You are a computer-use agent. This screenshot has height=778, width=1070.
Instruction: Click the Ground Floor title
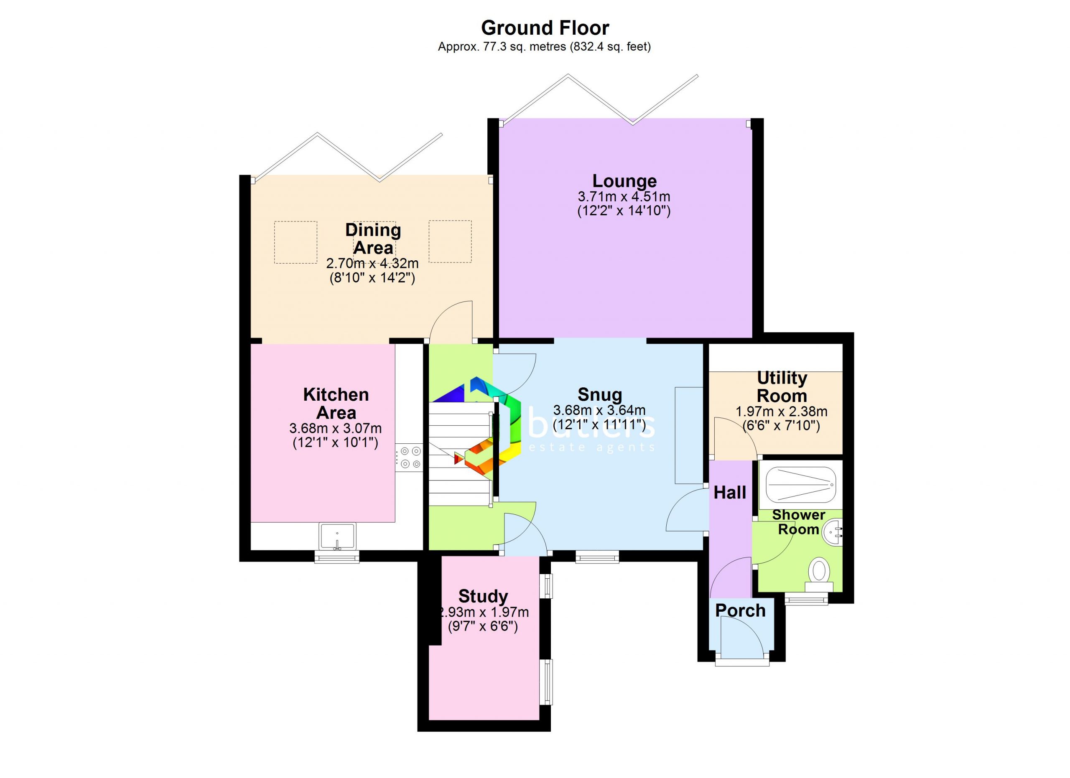point(545,28)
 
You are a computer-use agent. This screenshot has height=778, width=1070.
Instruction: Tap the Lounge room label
point(624,181)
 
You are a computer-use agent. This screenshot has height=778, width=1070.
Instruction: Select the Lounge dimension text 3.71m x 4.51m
point(624,197)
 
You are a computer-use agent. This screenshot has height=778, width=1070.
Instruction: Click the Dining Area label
point(373,239)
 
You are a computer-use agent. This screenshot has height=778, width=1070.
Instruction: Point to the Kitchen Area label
point(336,404)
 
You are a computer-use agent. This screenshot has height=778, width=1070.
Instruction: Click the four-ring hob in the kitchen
point(410,458)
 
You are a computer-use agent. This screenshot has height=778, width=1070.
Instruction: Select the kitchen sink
point(337,536)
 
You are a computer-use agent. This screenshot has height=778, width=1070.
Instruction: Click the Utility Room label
point(782,386)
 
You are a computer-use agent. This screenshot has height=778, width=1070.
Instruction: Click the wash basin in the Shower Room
point(832,532)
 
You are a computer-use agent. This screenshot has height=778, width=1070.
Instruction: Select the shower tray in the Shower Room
point(800,485)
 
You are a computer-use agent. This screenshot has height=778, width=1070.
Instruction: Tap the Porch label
point(740,610)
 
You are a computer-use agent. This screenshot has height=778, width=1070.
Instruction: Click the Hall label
point(730,493)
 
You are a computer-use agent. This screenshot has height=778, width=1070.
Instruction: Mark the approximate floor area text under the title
point(545,47)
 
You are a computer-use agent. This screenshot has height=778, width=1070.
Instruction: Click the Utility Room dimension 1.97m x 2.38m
point(781,412)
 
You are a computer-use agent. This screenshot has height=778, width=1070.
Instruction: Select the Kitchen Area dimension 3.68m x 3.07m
point(336,429)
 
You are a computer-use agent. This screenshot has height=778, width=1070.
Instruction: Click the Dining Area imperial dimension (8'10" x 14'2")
point(372,278)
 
